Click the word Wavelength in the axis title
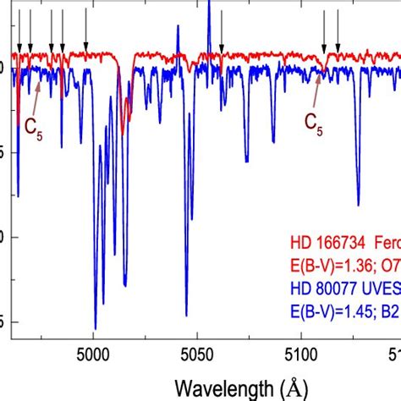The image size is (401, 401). pyautogui.click(x=223, y=387)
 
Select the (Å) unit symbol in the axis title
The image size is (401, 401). pyautogui.click(x=292, y=387)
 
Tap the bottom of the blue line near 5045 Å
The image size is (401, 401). pyautogui.click(x=186, y=315)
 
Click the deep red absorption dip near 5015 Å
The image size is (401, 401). pyautogui.click(x=124, y=131)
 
